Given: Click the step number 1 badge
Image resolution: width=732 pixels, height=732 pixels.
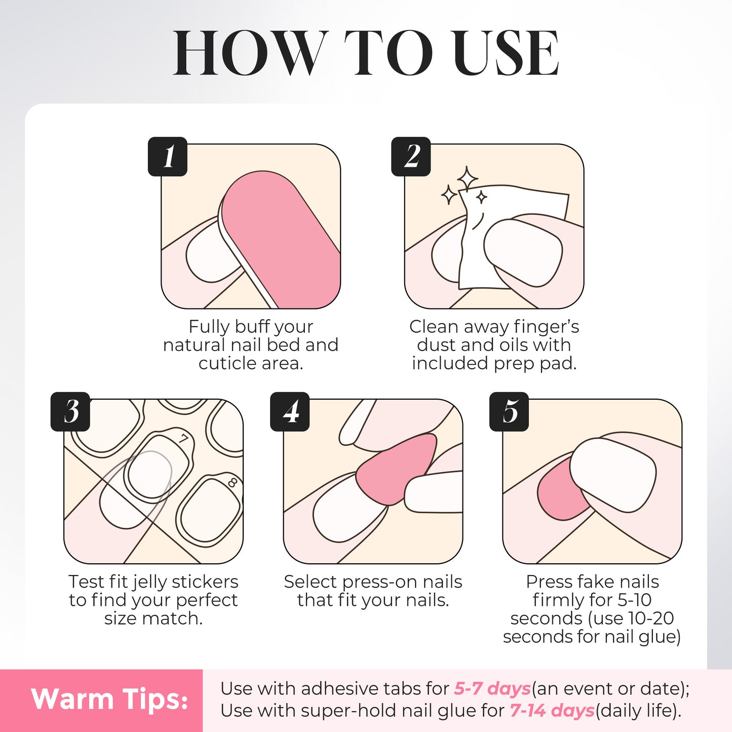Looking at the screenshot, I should coord(168,157).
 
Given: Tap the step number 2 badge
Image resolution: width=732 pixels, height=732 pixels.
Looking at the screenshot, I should coord(411,157).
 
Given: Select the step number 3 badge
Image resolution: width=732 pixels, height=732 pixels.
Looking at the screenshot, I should coord(71,411).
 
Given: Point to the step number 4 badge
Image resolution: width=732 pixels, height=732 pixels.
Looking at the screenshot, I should coord(290,411).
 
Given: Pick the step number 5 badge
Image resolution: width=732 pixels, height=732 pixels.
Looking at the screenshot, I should coord(509,411).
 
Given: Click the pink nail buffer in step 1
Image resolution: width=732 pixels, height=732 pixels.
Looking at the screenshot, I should coord(284,238).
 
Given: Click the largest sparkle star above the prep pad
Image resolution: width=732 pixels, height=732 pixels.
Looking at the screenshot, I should coord(467,179).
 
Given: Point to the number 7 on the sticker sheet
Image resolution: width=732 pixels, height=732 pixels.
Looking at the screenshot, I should coord(183,439).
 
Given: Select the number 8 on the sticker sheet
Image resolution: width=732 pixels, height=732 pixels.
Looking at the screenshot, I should coord(233,482).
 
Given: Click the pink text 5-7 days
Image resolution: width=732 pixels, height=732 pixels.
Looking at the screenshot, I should coord(492,688).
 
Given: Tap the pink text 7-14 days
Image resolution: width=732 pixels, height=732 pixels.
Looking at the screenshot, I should coord(552,710).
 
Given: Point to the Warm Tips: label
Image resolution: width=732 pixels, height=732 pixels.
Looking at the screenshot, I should coord(109,700).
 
